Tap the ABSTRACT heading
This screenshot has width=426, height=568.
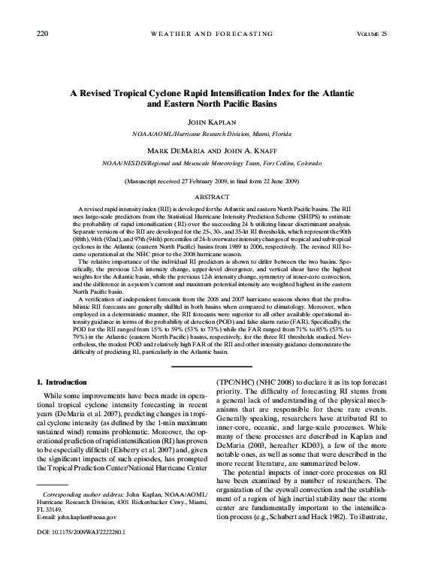click(x=213, y=196)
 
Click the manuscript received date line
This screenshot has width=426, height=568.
click(x=213, y=182)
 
